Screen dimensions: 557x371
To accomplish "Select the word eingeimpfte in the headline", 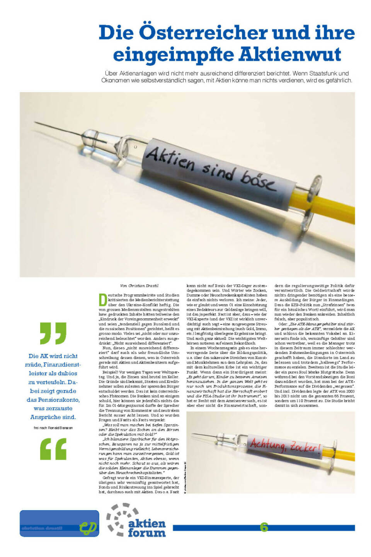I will (172, 55).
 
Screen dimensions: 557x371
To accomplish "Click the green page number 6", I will (264, 527).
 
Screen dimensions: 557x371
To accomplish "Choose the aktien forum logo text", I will (147, 528).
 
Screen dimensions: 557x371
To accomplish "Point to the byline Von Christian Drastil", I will (139, 286).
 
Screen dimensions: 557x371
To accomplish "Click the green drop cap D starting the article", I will (102, 300).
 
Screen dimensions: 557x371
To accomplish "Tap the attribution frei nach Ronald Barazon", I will (53, 428).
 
